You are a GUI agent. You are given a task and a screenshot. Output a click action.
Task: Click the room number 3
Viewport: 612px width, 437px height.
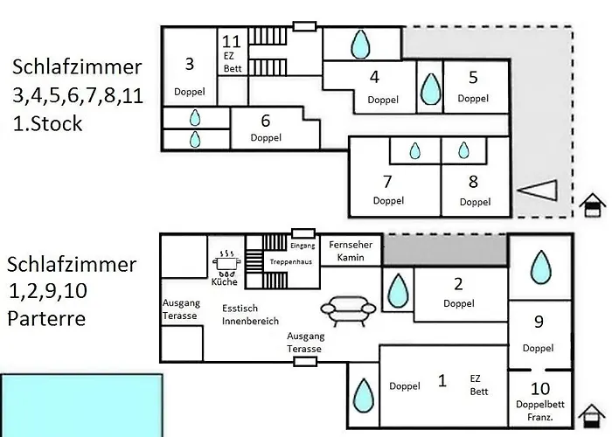[190, 63]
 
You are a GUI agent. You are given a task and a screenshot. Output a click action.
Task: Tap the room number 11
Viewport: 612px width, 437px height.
[232, 41]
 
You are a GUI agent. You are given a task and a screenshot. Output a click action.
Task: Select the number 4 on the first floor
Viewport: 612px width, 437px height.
[374, 77]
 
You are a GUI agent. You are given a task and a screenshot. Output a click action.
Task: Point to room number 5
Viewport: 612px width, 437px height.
[473, 77]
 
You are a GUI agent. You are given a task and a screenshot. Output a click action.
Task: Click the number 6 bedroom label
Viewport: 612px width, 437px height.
[266, 120]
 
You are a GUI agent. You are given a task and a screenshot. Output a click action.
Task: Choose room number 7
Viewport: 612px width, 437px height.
[387, 182]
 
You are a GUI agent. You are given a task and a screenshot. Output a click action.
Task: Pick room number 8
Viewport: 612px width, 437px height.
[474, 182]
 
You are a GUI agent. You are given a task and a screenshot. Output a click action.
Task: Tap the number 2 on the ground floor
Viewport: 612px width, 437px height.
[458, 283]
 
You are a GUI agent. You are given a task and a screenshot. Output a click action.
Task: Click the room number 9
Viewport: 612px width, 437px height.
[539, 322]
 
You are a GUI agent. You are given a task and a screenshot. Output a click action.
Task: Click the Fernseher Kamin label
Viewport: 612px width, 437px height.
[351, 251]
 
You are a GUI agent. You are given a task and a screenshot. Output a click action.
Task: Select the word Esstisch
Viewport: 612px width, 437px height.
[240, 308]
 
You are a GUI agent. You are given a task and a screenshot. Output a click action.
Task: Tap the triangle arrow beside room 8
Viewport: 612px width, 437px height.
[537, 190]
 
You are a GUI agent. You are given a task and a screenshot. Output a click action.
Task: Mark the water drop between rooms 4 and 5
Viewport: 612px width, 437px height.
[429, 88]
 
